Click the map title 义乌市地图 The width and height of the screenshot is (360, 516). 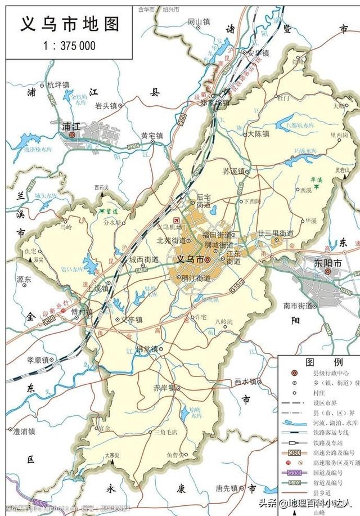70,24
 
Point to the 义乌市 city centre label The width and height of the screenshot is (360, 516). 188,259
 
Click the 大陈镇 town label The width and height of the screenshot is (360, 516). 258,134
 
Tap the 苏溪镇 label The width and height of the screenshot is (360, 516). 233,171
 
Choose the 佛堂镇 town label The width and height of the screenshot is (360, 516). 148,348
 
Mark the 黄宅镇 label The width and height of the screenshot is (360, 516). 151,135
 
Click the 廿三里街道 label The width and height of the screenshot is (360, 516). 275,233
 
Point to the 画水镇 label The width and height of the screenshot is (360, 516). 245,381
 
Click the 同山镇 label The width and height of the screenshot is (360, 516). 198,21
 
